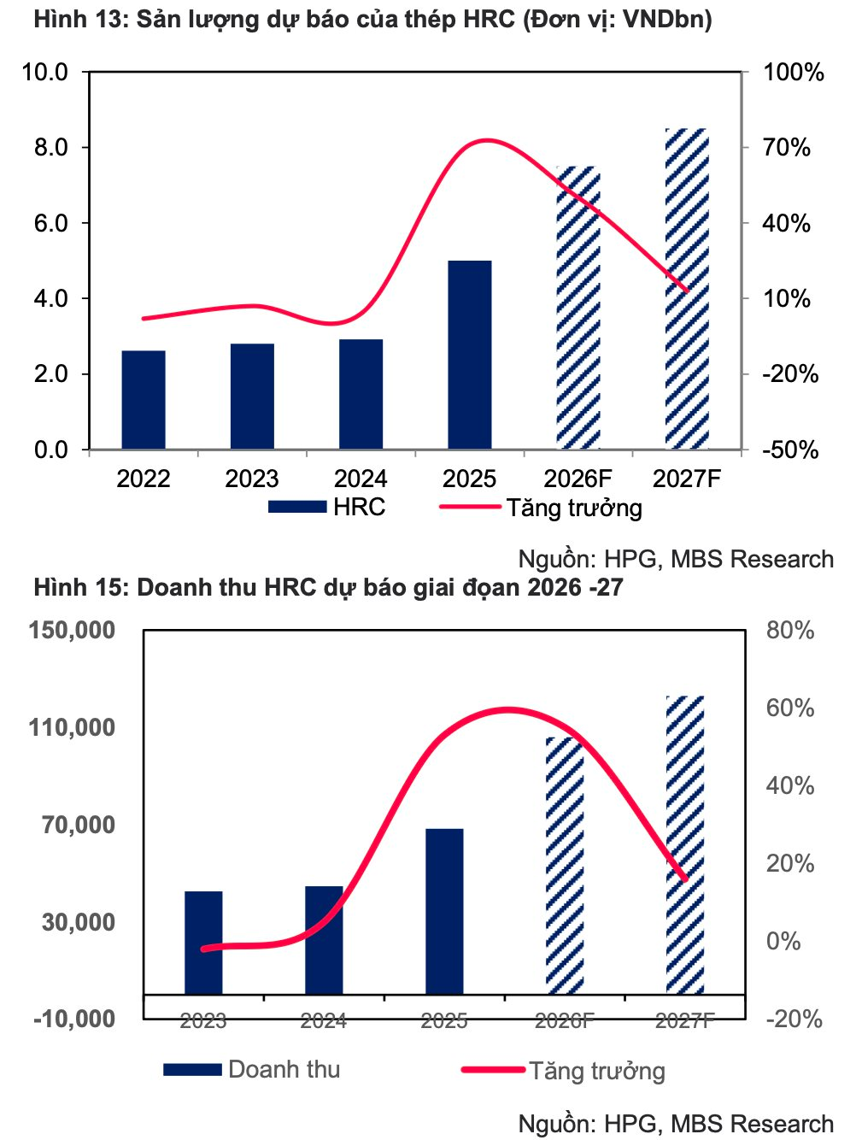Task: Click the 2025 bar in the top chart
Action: (469, 355)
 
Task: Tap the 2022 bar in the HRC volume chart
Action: (144, 399)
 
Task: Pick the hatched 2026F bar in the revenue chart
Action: (565, 865)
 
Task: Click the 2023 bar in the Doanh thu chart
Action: (203, 942)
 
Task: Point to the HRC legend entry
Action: (327, 507)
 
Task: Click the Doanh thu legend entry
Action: (252, 1069)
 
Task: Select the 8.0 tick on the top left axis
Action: (50, 147)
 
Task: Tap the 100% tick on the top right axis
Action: (793, 72)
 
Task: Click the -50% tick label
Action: (790, 450)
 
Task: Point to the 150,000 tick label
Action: (72, 630)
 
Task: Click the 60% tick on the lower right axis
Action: (790, 708)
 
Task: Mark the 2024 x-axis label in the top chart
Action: (361, 478)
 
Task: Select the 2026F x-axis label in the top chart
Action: (578, 478)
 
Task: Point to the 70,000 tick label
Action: (79, 825)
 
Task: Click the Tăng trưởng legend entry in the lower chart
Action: (564, 1070)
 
